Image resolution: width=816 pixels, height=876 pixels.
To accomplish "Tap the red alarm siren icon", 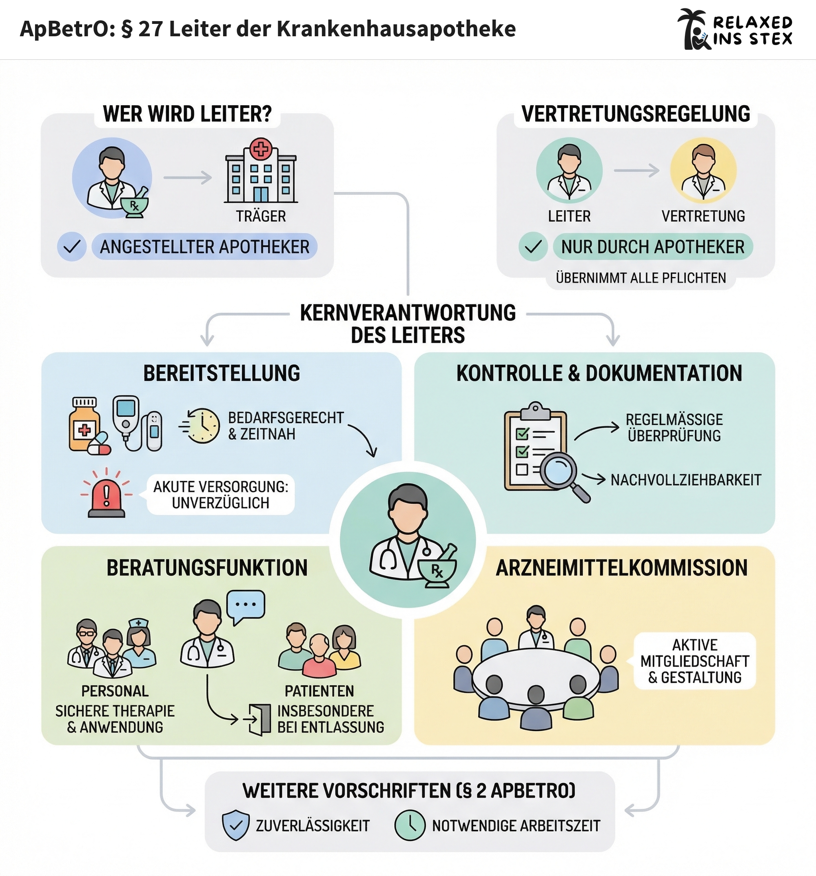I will coord(107,493).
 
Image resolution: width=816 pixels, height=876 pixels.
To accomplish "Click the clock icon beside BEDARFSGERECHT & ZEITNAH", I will coord(202,425).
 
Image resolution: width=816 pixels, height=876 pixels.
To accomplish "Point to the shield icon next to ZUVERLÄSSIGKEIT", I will coord(236,825).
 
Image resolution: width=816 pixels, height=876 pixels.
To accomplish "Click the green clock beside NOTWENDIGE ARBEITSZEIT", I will coord(410,825).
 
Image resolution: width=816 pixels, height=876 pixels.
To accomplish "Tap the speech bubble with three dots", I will coord(245,606).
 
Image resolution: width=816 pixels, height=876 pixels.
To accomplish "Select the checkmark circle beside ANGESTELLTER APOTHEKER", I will coord(71,247).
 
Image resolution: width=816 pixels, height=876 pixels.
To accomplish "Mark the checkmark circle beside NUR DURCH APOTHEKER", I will coord(533,247).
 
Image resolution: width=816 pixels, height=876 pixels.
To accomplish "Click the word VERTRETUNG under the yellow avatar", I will coord(703,216).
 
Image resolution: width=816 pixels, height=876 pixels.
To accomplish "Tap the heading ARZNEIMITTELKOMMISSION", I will coord(622,568).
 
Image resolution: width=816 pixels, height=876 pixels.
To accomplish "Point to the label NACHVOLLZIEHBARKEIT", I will coord(686,480).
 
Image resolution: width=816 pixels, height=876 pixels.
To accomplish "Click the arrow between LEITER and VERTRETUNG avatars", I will coord(637,171).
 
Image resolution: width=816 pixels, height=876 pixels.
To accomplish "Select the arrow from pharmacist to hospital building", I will coord(188,178).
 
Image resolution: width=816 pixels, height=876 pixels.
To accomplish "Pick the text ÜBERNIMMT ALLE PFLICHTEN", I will coord(641,278).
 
